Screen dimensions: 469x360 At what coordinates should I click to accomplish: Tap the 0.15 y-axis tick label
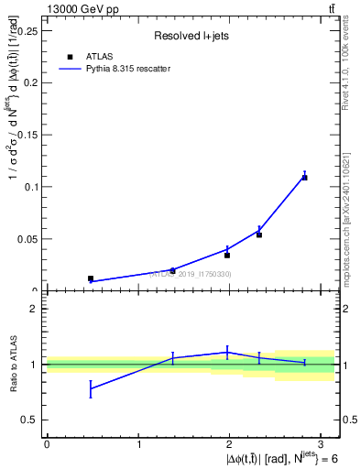(30, 135)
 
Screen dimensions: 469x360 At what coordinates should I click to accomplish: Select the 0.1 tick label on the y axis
(33, 187)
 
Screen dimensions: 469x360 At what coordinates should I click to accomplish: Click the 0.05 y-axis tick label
(30, 239)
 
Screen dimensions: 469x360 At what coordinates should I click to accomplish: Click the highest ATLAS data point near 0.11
(304, 177)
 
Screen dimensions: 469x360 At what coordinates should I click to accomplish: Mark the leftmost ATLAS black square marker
(91, 278)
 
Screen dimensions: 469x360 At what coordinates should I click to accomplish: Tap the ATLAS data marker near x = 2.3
(259, 234)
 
